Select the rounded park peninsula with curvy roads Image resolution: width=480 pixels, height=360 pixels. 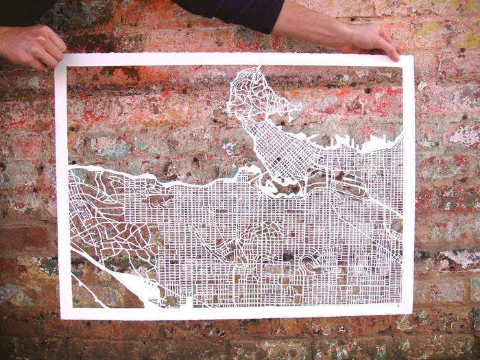point(257,96)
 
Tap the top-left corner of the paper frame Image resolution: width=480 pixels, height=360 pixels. point(58,56)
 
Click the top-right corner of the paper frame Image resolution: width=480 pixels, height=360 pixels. point(413,56)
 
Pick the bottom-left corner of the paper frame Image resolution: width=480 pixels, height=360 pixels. point(62,317)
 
